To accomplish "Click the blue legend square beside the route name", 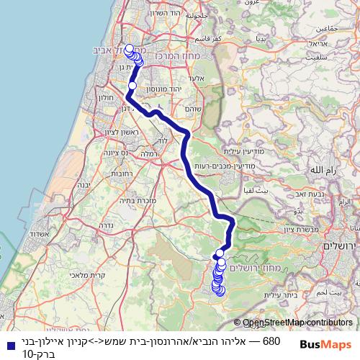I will point(6,342).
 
